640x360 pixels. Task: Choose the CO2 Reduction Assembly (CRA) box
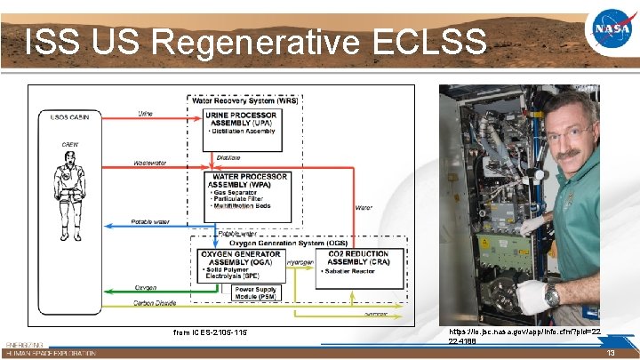coord(357,263)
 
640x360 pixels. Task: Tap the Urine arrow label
coord(148,114)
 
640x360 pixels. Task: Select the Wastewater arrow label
coord(148,164)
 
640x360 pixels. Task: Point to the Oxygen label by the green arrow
coord(146,287)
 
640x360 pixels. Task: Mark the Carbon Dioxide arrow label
coord(154,302)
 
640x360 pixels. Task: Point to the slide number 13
coord(611,352)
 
